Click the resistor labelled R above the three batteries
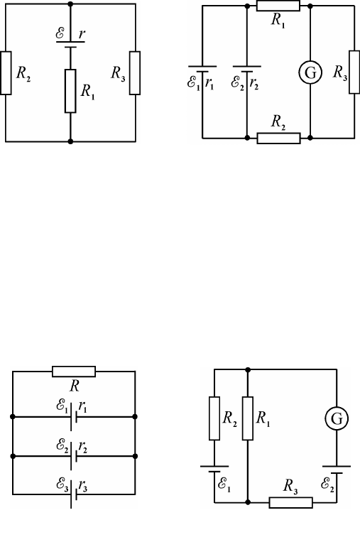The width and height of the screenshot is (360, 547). click(x=74, y=372)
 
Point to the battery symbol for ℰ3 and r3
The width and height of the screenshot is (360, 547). click(x=74, y=494)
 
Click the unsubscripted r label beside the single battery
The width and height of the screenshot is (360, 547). click(x=82, y=34)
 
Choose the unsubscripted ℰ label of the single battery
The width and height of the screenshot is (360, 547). click(x=60, y=33)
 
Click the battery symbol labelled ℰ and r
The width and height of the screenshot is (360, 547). click(x=70, y=44)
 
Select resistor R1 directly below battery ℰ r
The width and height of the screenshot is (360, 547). click(x=70, y=91)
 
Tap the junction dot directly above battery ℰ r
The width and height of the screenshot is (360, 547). click(x=70, y=4)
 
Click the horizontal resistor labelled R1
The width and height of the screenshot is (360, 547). click(x=278, y=6)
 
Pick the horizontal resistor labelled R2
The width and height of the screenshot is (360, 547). click(x=279, y=138)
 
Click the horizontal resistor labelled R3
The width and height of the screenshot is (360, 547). click(x=291, y=503)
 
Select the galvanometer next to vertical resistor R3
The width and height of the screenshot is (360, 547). click(x=310, y=72)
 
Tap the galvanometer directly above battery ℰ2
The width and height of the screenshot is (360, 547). click(x=337, y=418)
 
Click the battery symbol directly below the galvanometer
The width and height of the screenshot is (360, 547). click(x=337, y=470)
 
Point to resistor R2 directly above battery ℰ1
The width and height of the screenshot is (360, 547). click(x=214, y=418)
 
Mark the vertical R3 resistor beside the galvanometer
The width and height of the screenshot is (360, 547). click(x=354, y=72)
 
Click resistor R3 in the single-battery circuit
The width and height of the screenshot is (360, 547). click(x=135, y=73)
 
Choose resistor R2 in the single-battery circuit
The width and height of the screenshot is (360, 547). click(x=6, y=73)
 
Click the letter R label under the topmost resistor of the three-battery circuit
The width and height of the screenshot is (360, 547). click(x=75, y=386)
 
